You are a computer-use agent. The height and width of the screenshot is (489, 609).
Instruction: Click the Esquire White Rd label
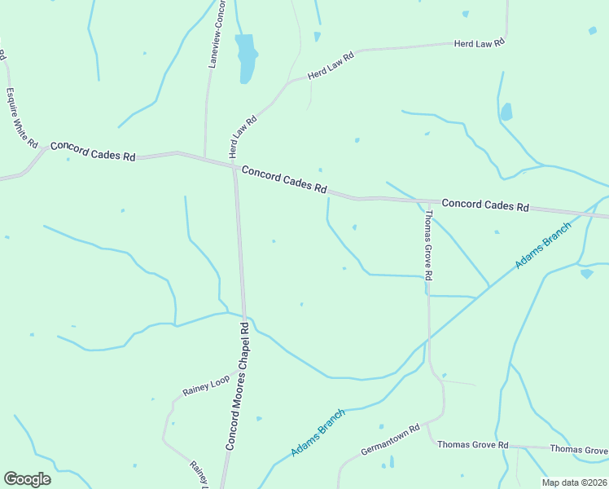point(23,117)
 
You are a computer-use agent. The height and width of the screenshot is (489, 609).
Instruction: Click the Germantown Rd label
point(390,439)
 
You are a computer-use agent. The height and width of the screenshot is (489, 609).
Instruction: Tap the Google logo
point(27,479)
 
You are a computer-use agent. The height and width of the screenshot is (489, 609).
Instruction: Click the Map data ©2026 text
point(574,482)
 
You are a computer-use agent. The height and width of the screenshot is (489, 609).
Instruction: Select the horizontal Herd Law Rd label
point(480,42)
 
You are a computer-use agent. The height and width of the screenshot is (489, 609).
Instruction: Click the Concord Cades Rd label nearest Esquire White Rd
point(92,151)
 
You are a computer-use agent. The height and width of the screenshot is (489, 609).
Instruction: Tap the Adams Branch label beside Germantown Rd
point(318,432)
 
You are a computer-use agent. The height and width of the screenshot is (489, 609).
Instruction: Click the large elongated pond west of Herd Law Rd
point(245,57)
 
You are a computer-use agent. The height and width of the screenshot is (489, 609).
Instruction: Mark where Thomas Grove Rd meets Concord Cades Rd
point(424,200)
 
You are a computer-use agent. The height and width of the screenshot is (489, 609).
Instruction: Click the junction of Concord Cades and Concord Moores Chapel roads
point(235,168)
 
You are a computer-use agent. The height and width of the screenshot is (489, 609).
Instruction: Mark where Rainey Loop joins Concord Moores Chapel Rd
point(239,371)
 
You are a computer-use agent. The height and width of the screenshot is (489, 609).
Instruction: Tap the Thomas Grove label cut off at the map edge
point(579,450)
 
